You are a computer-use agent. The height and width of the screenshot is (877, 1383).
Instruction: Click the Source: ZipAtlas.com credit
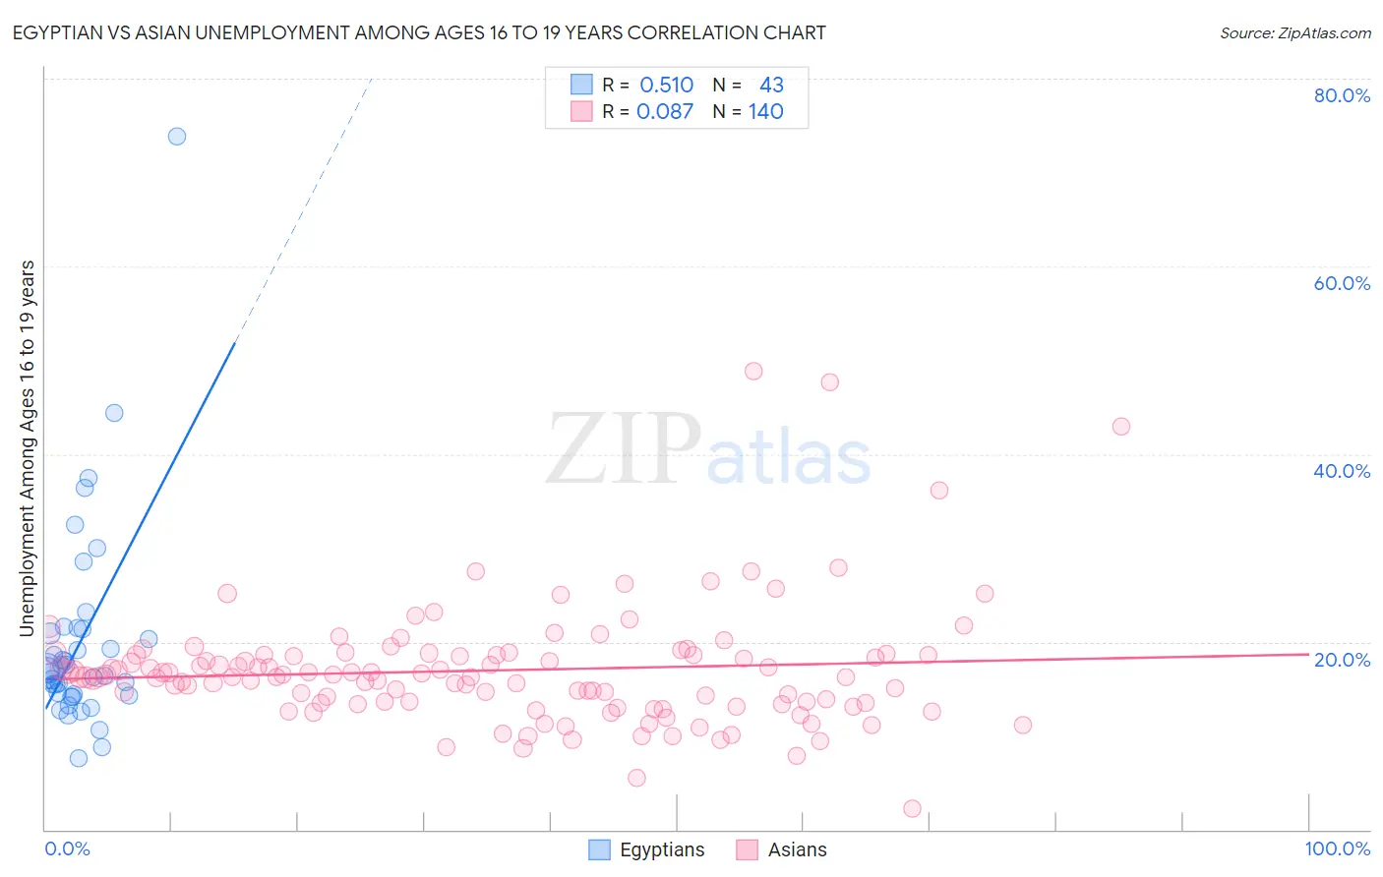[x=1294, y=33]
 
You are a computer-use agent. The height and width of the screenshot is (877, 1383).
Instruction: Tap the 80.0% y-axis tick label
[x=1342, y=95]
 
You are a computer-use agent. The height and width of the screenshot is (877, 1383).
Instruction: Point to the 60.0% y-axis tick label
[x=1342, y=283]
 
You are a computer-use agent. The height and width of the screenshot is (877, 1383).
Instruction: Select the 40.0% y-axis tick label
[x=1342, y=471]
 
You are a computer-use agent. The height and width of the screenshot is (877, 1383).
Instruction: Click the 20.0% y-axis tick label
[x=1342, y=660]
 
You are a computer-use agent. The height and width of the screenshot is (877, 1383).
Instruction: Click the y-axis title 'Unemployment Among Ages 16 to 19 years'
[x=28, y=448]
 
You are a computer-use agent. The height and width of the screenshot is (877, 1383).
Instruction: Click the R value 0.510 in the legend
[x=666, y=86]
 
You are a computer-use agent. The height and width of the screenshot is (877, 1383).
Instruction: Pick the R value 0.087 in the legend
[x=665, y=112]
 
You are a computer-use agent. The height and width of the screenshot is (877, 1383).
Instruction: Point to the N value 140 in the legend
[x=765, y=112]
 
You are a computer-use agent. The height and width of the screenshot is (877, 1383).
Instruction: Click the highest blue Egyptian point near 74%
[x=177, y=137]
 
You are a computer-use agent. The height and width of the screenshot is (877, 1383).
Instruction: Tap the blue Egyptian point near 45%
[x=114, y=413]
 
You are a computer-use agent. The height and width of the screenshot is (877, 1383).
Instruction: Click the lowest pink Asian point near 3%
[x=912, y=808]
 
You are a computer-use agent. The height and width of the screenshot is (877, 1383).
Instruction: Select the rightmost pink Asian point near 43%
[x=1120, y=427]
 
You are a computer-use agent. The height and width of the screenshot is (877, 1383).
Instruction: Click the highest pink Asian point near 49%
[x=753, y=372]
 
